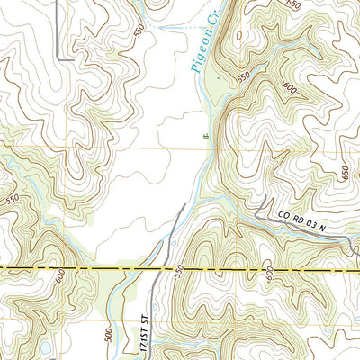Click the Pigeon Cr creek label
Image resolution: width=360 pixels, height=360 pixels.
[x=202, y=52]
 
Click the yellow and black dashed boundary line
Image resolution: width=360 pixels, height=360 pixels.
[x=90, y=269]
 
